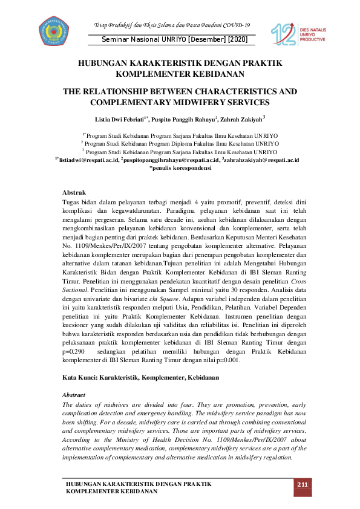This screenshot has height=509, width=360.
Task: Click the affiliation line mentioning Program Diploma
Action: pos(180,144)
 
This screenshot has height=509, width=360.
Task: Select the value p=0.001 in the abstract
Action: pos(226,360)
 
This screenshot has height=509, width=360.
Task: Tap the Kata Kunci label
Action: pos(82,377)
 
